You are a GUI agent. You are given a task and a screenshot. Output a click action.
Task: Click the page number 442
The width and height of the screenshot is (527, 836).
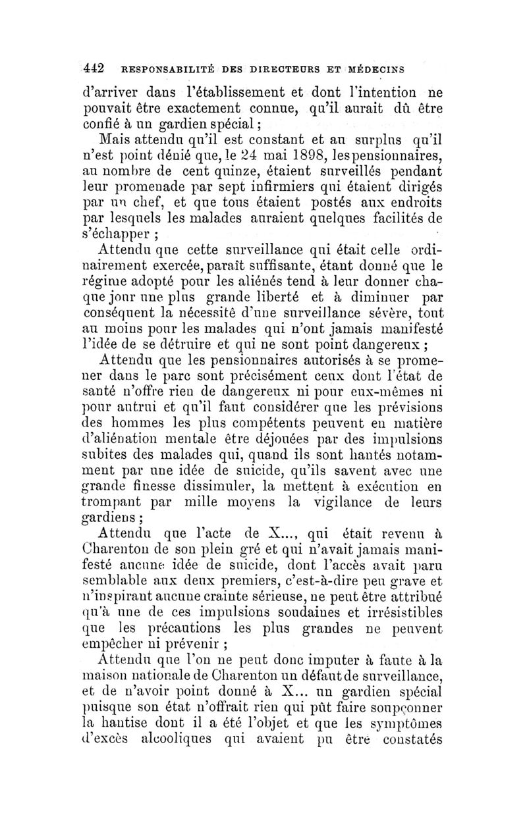[x=95, y=68]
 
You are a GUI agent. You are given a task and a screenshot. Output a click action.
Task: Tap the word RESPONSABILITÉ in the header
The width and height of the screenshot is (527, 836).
[x=159, y=68]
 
